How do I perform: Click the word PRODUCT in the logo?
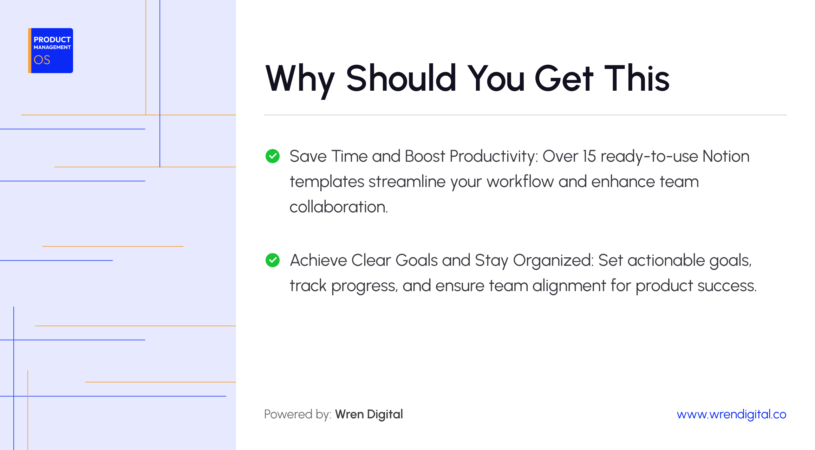(x=52, y=40)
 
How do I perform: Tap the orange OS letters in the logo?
(x=42, y=60)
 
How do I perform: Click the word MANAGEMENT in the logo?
(x=52, y=47)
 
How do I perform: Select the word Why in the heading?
(x=300, y=79)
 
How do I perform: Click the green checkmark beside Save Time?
(x=273, y=156)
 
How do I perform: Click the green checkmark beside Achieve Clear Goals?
(x=273, y=260)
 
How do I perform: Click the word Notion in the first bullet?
(x=726, y=156)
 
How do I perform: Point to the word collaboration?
(x=338, y=207)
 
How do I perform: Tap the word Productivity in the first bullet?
(x=494, y=156)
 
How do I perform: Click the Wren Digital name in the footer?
(x=369, y=414)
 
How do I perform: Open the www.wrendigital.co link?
(x=731, y=414)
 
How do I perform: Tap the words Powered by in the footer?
(x=298, y=414)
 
